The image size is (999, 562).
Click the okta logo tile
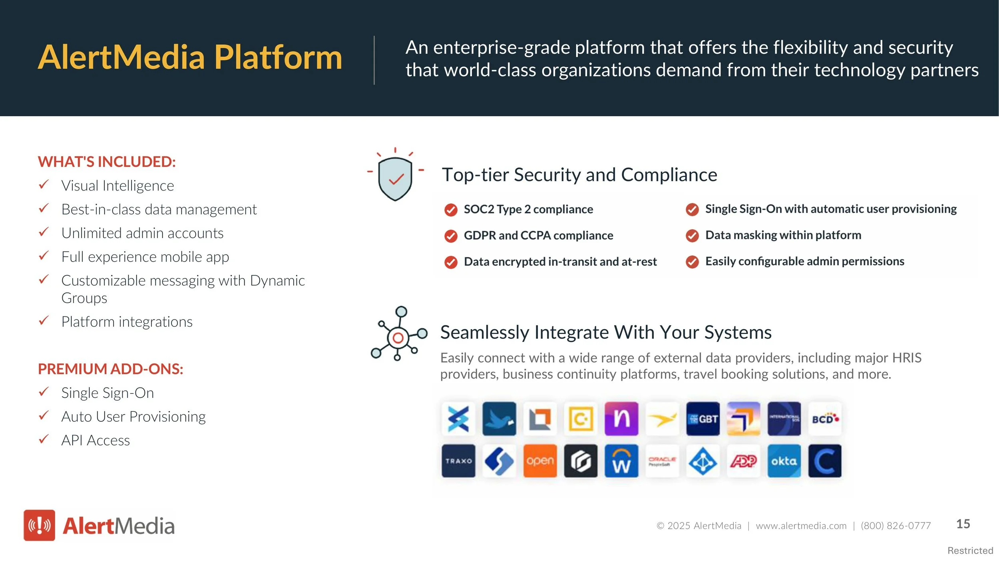784,461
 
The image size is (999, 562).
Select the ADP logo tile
743,461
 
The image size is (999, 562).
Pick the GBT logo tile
702,419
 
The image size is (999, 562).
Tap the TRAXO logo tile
458,461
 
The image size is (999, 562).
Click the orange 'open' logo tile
540,461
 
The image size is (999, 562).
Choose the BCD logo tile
825,419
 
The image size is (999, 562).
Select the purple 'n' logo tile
621,419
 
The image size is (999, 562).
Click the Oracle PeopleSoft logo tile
662,461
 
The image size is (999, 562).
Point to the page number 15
963,524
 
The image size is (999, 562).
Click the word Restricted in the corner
970,551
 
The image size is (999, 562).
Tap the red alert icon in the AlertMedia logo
39,525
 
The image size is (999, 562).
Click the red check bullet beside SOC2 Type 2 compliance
451,210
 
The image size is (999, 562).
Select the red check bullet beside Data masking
692,236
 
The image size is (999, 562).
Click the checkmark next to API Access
44,439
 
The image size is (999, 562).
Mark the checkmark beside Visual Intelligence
44,185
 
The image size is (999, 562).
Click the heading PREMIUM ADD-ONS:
111,369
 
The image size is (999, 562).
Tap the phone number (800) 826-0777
896,526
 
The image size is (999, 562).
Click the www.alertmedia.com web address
801,526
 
